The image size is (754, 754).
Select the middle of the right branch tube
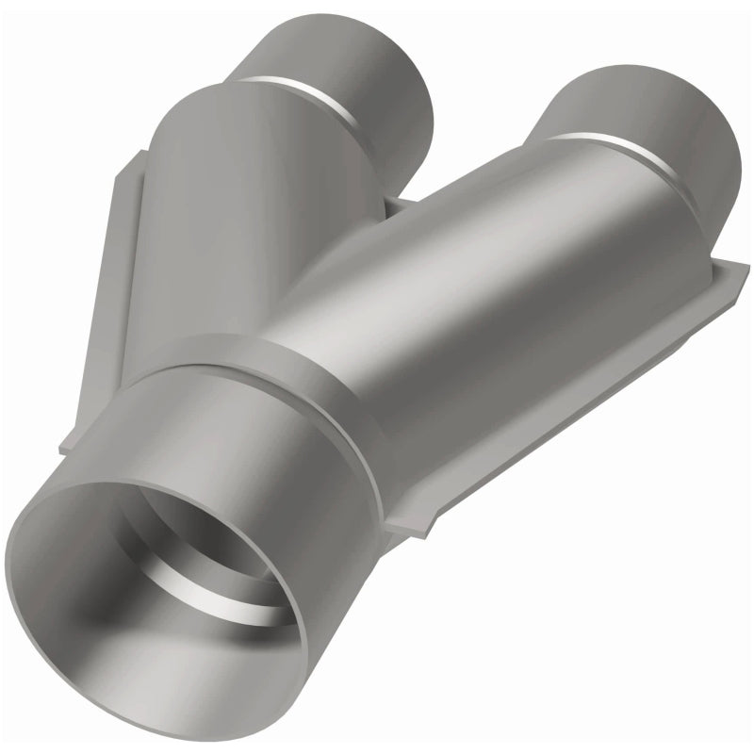490,283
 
